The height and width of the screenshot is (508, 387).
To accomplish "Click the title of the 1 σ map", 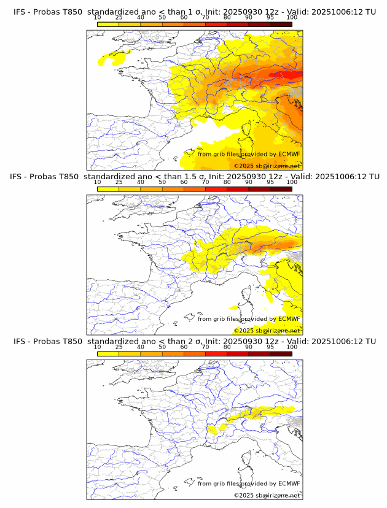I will click(194, 12).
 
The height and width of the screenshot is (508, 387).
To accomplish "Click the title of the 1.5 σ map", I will click(194, 177).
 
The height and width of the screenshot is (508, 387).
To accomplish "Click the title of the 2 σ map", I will click(194, 341).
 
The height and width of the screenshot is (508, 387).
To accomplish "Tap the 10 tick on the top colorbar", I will click(98, 18).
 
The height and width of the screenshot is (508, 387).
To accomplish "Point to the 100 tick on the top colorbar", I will click(292, 18).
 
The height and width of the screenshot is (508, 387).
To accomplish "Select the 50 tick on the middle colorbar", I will click(162, 183).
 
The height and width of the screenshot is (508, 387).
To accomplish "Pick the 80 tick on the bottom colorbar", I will click(227, 347).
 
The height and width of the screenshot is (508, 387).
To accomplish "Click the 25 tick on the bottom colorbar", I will click(119, 347).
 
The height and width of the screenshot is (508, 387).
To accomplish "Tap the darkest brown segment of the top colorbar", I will click(281, 24).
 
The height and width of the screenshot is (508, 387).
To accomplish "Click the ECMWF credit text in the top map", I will click(249, 154).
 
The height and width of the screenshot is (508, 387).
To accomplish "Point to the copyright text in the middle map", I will click(267, 330).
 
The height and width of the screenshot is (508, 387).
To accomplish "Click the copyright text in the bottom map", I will click(267, 495).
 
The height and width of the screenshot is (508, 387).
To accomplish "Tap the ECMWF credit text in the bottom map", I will click(249, 483).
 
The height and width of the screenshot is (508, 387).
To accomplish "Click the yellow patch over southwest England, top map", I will click(114, 58).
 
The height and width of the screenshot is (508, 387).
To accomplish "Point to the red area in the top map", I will click(289, 75).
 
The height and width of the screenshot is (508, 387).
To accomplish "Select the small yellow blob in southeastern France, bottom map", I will click(214, 429).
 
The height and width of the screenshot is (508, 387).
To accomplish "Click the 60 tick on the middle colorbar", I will click(184, 183).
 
